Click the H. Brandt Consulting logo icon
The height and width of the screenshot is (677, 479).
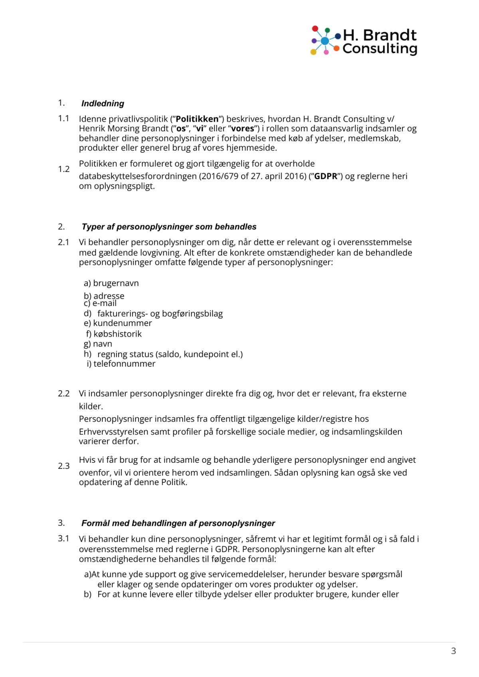coord(325,40)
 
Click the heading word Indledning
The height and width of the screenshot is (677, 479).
coord(103,104)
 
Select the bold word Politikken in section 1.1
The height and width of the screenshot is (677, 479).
coord(197,119)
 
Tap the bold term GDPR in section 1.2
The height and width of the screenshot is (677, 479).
coord(326,176)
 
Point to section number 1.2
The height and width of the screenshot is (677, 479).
coord(64,169)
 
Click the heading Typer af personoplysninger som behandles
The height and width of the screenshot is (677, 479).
coord(169,227)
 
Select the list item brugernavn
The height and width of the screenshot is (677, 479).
coord(116,283)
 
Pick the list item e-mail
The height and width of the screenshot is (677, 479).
coord(105,304)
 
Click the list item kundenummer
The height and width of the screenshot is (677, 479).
coord(122,323)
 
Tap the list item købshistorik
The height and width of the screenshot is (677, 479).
coord(117,334)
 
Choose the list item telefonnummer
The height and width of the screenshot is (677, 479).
coord(124,364)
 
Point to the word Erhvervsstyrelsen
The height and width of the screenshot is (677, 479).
coord(119,432)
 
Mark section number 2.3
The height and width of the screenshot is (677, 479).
coord(64,466)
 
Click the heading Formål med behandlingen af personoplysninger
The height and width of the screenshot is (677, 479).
coord(178,523)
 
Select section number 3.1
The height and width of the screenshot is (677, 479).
coord(63,539)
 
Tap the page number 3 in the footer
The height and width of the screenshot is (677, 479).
coord(453,651)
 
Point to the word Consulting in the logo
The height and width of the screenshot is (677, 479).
coord(380,49)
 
